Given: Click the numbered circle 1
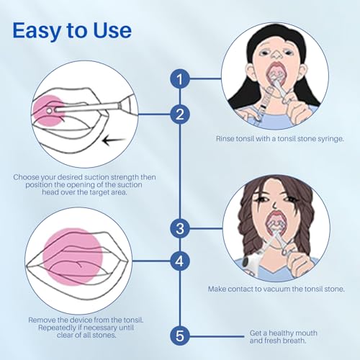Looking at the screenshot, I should click(x=180, y=79).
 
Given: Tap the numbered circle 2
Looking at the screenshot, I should click(x=180, y=113).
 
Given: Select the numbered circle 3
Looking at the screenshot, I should click(x=180, y=228).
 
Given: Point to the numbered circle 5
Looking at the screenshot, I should click(x=180, y=334).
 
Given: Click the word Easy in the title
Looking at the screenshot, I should click(x=42, y=31).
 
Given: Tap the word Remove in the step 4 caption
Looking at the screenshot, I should click(x=42, y=319).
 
